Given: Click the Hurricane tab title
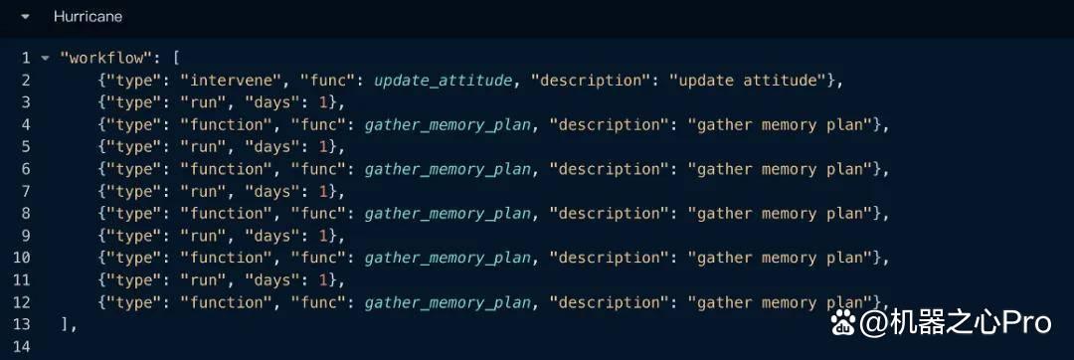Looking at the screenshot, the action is pos(88,17).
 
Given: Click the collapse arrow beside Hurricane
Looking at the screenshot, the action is pos(25,17).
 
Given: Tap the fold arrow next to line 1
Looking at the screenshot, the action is pos(45,59).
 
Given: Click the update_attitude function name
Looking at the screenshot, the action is pos(444,81).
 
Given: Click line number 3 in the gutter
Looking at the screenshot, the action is pos(25,102).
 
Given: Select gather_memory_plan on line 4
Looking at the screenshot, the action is pos(447,125).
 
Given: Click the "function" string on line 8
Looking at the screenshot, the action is pos(228,214).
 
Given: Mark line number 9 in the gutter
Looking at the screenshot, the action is pos(25,236).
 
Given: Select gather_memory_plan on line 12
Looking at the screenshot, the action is pos(447,302).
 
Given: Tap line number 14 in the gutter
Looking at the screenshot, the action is pos(21,347).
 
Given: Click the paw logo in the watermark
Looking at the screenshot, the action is pos(843,321).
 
